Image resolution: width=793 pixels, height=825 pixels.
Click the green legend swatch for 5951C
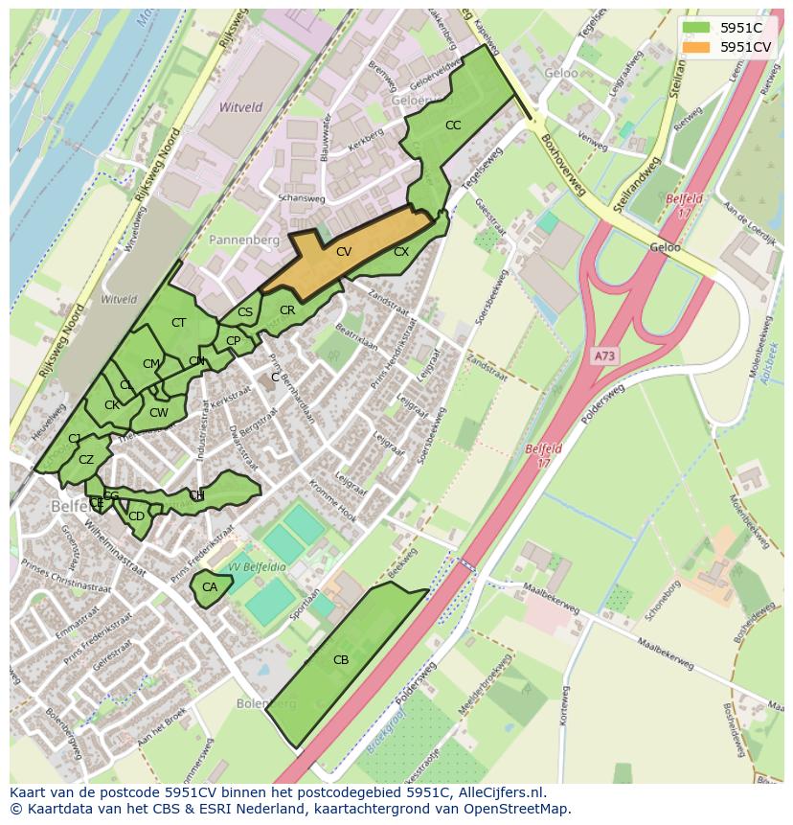[x=696, y=28]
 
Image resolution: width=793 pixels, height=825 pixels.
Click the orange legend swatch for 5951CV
[x=696, y=46]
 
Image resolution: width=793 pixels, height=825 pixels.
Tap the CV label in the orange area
[x=343, y=251]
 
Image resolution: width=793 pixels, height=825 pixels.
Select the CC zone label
[x=453, y=126]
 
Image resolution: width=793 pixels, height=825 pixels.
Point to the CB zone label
[x=341, y=659]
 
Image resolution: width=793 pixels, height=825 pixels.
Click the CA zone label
[x=209, y=587]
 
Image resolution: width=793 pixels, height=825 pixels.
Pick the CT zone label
[x=178, y=323]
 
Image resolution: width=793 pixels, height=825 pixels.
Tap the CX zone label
[x=401, y=252]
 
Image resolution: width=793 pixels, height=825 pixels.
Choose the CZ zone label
[x=86, y=460]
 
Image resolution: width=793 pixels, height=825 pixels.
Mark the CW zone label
[x=159, y=413]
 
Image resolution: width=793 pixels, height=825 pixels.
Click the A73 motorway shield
[x=604, y=355]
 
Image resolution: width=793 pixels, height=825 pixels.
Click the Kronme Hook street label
[x=332, y=503]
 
